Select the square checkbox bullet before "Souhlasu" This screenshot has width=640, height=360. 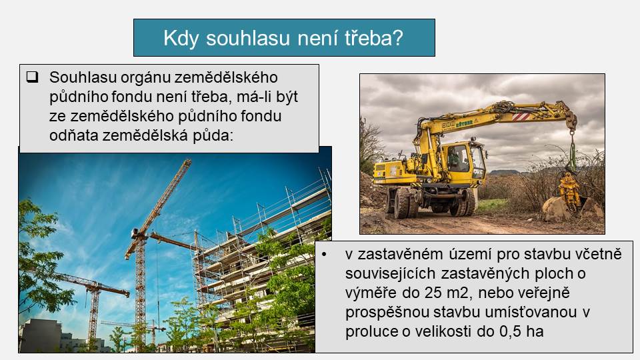32,77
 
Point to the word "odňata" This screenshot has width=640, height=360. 73,135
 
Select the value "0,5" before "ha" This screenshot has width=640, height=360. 510,331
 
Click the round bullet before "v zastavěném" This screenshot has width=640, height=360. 324,254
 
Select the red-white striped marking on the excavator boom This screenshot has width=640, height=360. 521,117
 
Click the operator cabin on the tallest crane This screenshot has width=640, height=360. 136,234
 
